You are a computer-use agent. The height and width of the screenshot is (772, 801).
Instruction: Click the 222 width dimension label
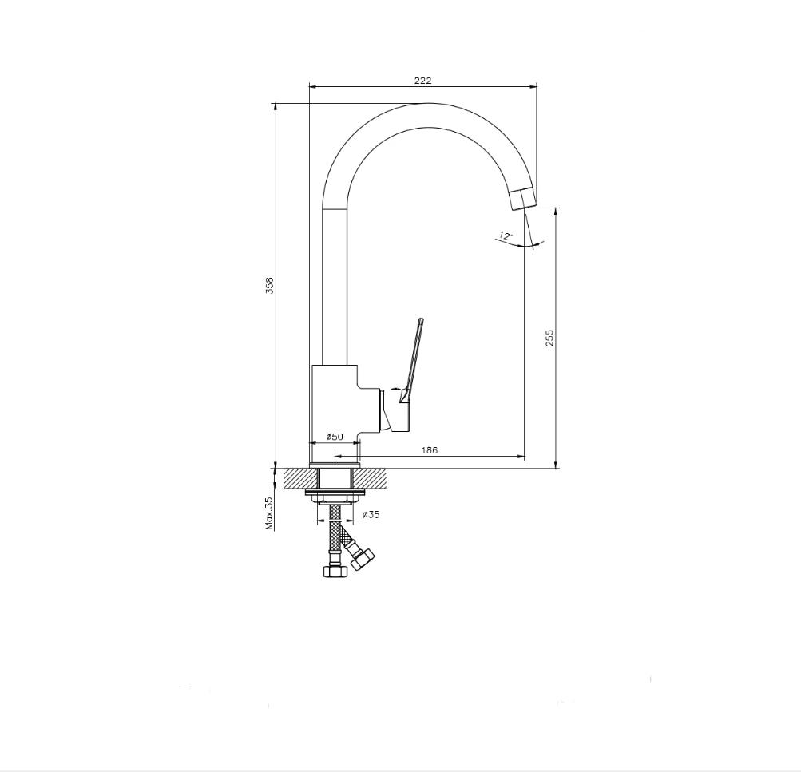point(423,80)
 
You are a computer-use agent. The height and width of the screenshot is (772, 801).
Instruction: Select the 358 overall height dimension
point(270,286)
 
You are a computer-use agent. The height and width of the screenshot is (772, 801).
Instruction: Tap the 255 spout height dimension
point(549,338)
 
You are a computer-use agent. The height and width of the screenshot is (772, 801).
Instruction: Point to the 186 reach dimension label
point(430,449)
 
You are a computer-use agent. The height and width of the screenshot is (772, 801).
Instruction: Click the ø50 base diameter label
point(335,437)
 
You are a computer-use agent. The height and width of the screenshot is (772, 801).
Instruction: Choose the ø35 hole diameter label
point(371,515)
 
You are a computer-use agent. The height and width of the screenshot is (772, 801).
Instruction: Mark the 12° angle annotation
point(506,236)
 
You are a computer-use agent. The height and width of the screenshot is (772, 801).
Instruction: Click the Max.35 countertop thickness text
point(270,513)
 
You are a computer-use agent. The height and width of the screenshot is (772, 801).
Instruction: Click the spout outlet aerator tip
point(522,198)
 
